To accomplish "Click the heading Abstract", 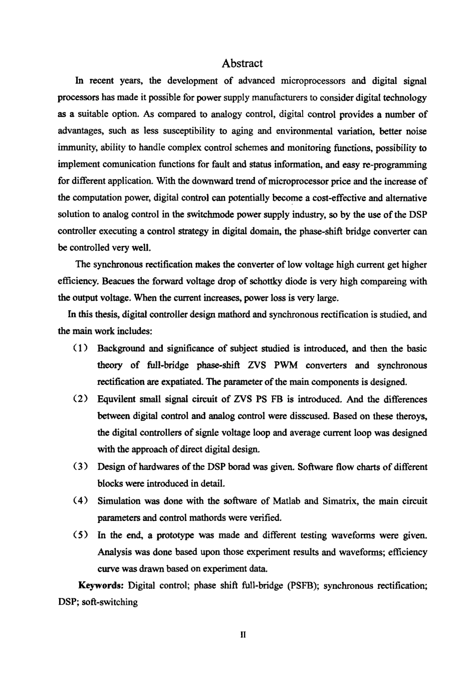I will [242, 64].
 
